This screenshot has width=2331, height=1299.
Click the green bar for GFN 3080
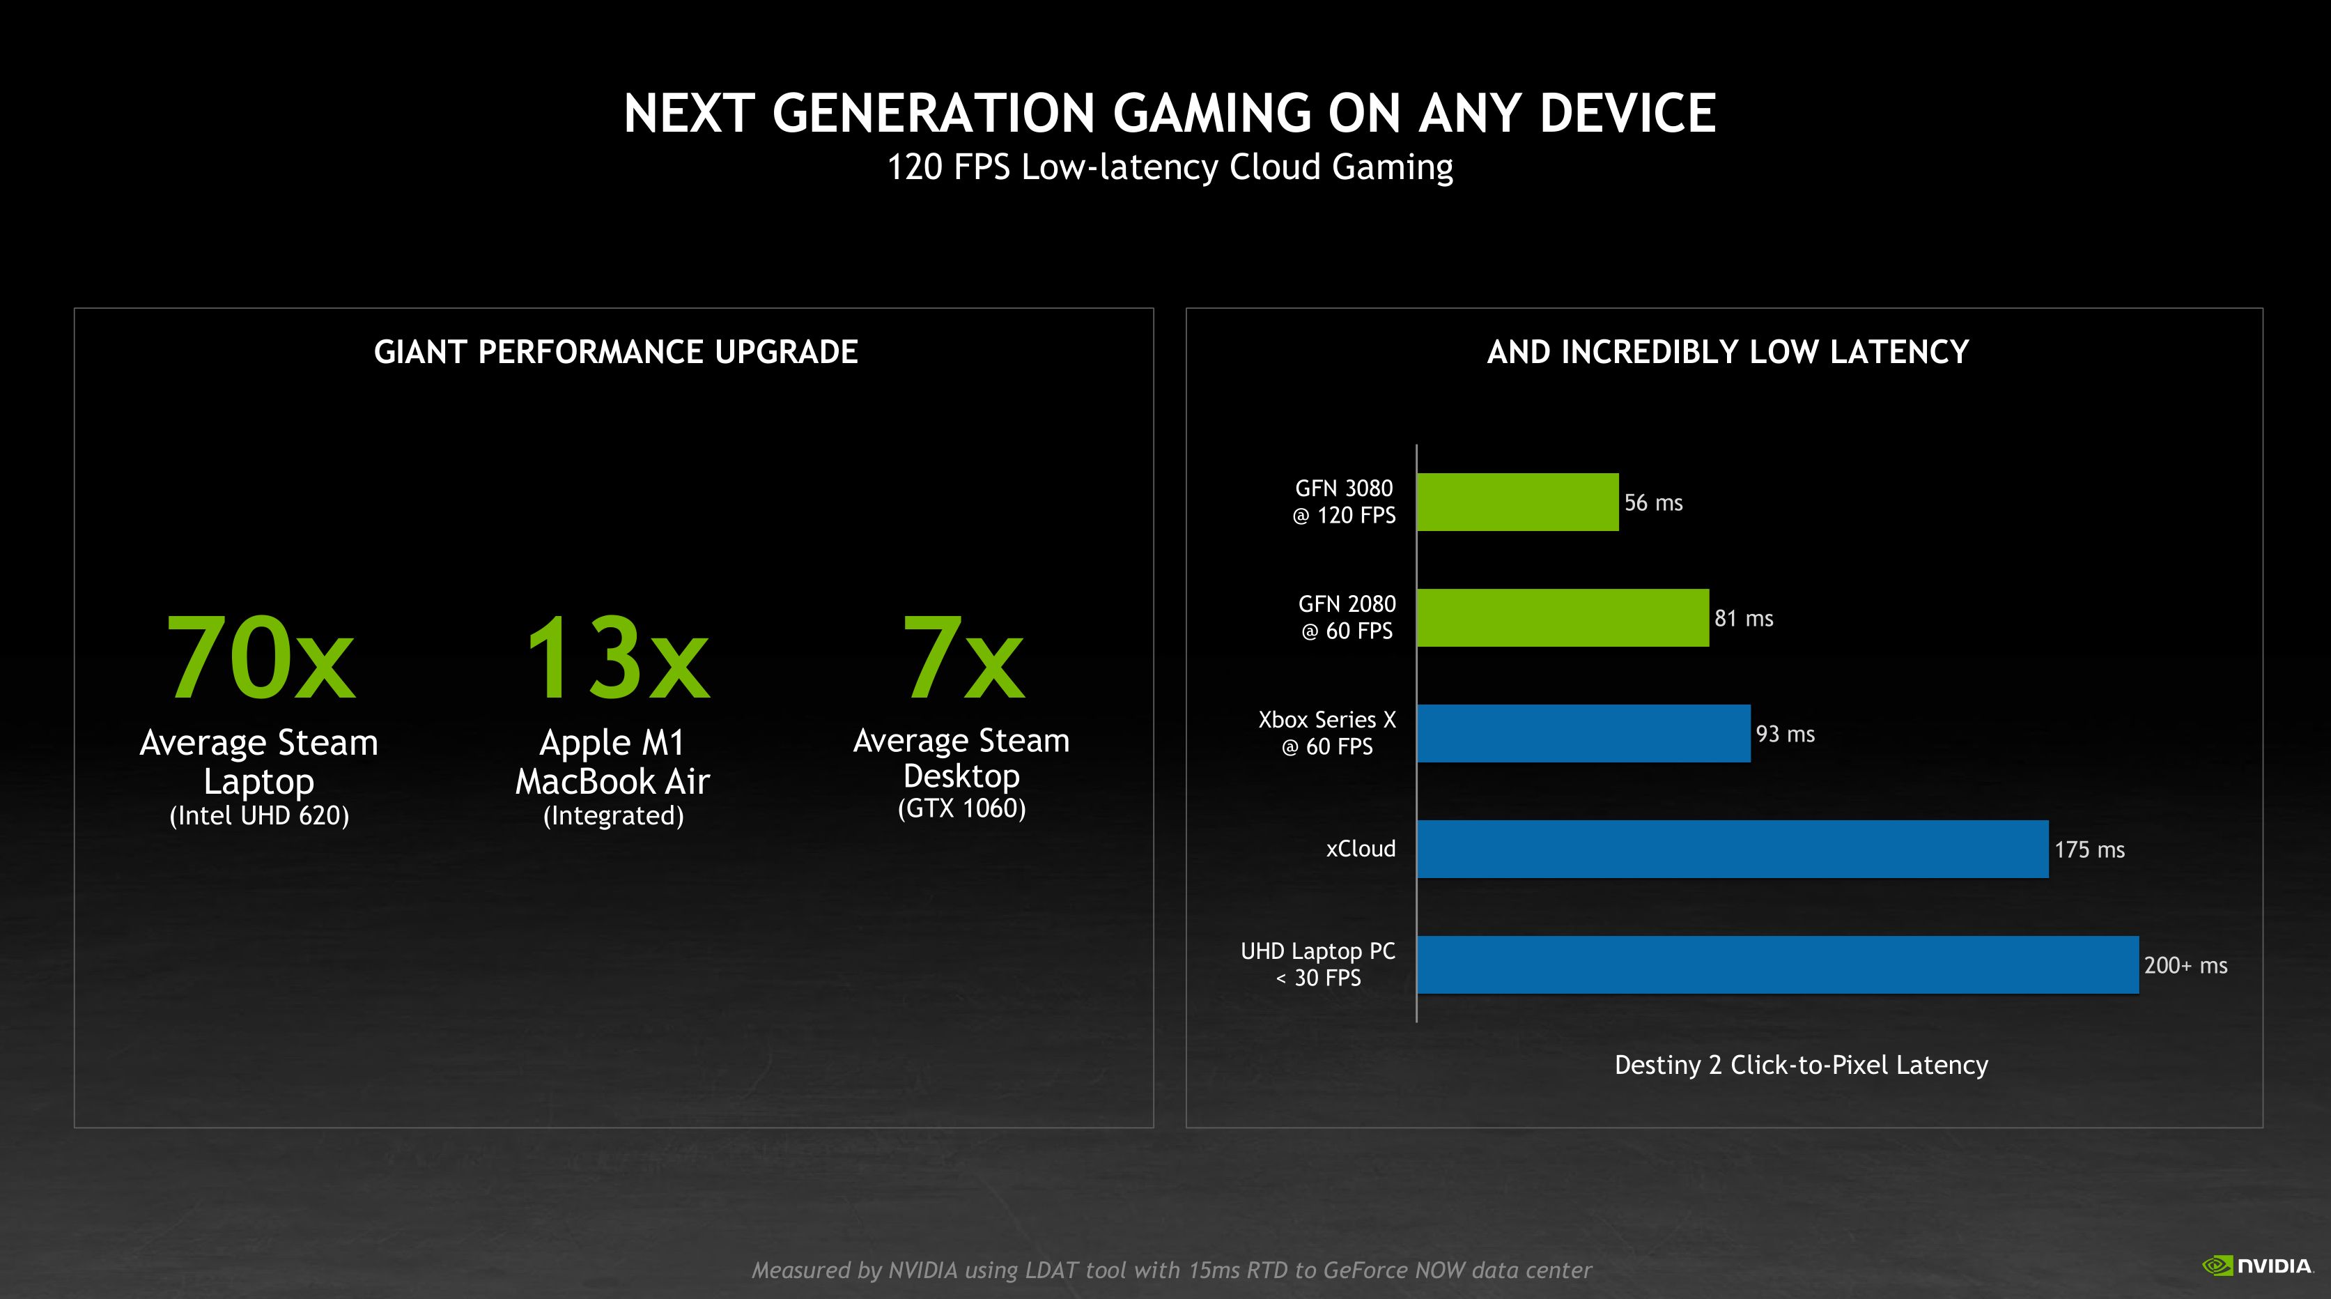(x=1517, y=502)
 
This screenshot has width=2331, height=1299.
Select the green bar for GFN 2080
(x=1562, y=617)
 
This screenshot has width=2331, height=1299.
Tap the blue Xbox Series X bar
(x=1583, y=733)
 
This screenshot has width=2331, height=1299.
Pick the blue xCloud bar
(x=1732, y=849)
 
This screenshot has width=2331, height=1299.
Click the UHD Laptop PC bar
(x=1777, y=965)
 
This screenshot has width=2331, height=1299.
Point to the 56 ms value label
(x=1653, y=502)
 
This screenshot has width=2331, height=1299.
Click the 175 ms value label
(x=2089, y=850)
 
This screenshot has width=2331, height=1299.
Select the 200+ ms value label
(x=2185, y=966)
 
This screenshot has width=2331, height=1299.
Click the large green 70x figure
(x=260, y=658)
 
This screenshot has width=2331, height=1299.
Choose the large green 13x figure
(x=617, y=658)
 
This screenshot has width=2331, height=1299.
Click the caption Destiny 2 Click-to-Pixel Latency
(x=1801, y=1065)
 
